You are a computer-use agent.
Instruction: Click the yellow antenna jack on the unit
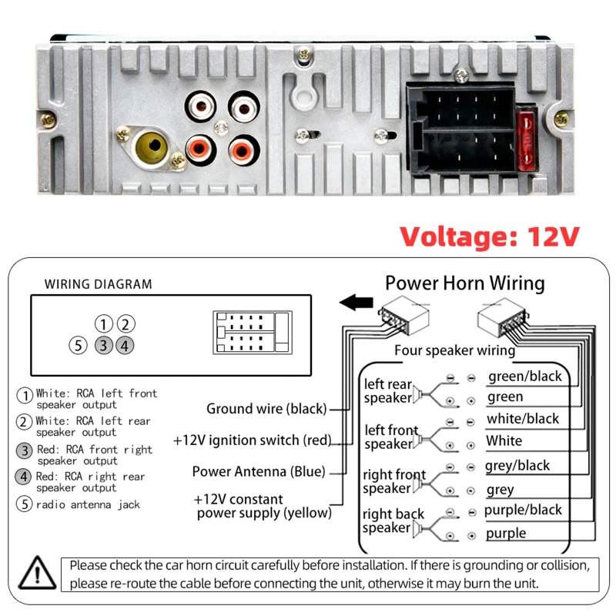[x=151, y=148]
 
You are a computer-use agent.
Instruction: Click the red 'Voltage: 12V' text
[x=490, y=236]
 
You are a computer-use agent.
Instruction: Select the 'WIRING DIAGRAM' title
[x=99, y=284]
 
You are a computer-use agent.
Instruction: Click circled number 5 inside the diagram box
[x=79, y=346]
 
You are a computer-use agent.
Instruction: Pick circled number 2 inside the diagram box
[x=126, y=324]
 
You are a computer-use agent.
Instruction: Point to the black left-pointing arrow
[x=356, y=302]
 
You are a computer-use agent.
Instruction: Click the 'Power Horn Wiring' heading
[x=465, y=283]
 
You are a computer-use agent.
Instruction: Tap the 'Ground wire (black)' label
[x=266, y=409]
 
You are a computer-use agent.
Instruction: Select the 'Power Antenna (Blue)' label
[x=259, y=471]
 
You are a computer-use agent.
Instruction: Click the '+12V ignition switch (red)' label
[x=253, y=440]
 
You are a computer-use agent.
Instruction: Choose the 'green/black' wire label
[x=525, y=377]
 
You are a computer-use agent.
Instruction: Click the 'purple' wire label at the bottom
[x=506, y=534]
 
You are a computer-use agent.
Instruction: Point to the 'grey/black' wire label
[x=517, y=466]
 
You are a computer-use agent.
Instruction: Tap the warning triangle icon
[x=37, y=573]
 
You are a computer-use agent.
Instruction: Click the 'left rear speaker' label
[x=388, y=390]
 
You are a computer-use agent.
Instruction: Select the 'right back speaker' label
[x=393, y=521]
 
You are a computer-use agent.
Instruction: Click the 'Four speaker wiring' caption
[x=454, y=350]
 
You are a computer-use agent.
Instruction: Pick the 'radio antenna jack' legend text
[x=88, y=504]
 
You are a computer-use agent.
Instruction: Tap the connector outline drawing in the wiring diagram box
[x=253, y=333]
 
